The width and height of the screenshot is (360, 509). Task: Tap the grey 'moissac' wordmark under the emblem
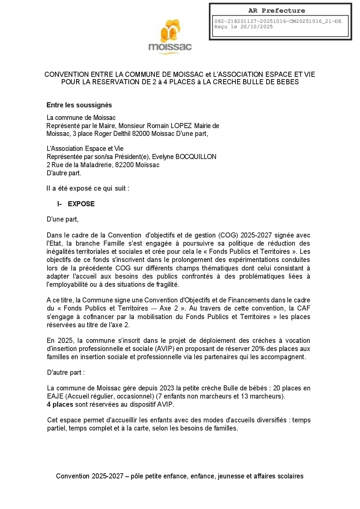coord(170,47)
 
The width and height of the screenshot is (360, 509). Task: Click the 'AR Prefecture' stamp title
coord(276,11)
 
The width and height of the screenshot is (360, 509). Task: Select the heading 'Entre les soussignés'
coord(79,105)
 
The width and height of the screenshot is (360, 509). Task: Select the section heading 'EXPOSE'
coord(81,204)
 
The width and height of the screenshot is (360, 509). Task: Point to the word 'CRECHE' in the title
coord(227,82)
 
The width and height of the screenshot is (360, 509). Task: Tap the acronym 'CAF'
coord(303,308)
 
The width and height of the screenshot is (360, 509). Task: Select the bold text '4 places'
coord(60,404)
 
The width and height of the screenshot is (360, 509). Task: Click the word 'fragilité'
coord(166,284)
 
